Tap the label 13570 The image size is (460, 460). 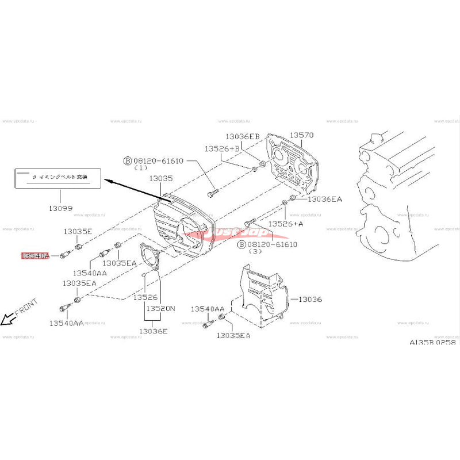point(301,135)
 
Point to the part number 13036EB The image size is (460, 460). point(242,136)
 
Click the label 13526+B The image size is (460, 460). point(222,148)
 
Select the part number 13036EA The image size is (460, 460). point(324,199)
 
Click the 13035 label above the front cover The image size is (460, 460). point(162,179)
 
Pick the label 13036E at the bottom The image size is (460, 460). point(154,331)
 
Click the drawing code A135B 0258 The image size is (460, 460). point(432,342)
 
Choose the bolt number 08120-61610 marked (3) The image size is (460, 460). point(269,244)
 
